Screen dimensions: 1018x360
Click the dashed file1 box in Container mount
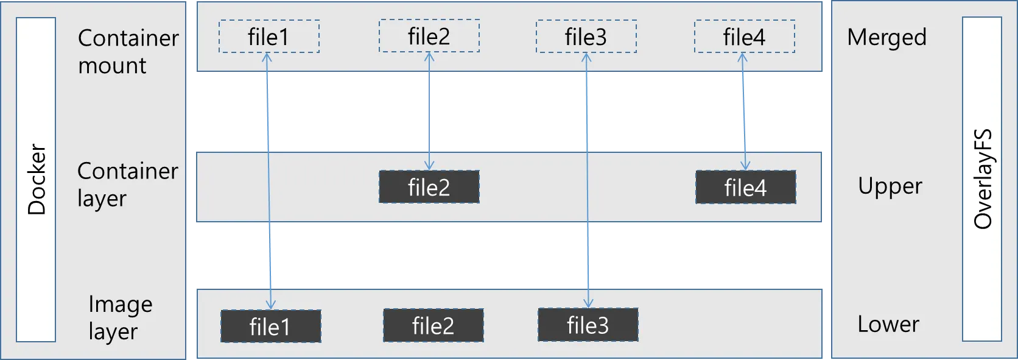[269, 37]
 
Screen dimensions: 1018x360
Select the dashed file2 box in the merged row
[429, 36]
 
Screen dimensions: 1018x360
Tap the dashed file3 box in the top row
[586, 37]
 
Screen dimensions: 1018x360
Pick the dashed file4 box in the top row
[744, 37]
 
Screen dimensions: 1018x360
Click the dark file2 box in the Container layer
[429, 187]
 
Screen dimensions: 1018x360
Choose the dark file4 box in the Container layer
[745, 187]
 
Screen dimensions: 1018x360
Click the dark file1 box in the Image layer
[270, 326]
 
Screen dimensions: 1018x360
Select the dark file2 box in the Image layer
[433, 325]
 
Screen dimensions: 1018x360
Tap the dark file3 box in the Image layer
[588, 325]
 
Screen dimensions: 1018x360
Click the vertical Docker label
[37, 179]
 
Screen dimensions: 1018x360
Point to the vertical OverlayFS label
[982, 179]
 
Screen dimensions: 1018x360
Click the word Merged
[886, 38]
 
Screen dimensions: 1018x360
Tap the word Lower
[888, 324]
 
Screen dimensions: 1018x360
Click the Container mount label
[128, 51]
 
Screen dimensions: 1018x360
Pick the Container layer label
[127, 184]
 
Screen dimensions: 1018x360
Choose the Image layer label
[120, 317]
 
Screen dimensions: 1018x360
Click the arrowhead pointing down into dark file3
[588, 303]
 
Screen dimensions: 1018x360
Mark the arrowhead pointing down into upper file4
[745, 166]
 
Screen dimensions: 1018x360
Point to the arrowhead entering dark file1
[270, 305]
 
